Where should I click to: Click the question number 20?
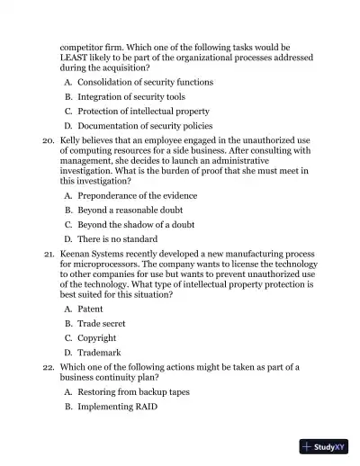(x=49, y=141)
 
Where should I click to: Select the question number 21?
(x=49, y=255)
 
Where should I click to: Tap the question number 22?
(x=49, y=368)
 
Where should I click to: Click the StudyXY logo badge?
(x=323, y=445)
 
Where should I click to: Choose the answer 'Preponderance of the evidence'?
(x=137, y=195)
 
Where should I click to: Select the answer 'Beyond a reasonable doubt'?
(x=130, y=210)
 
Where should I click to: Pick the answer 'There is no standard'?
(x=118, y=239)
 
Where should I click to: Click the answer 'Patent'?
(x=92, y=309)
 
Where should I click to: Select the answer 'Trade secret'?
(x=101, y=323)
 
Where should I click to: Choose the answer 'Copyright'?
(x=97, y=338)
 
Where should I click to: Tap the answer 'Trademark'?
(x=99, y=353)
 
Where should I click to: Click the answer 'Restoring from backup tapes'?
(x=133, y=392)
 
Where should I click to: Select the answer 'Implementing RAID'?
(x=117, y=407)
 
